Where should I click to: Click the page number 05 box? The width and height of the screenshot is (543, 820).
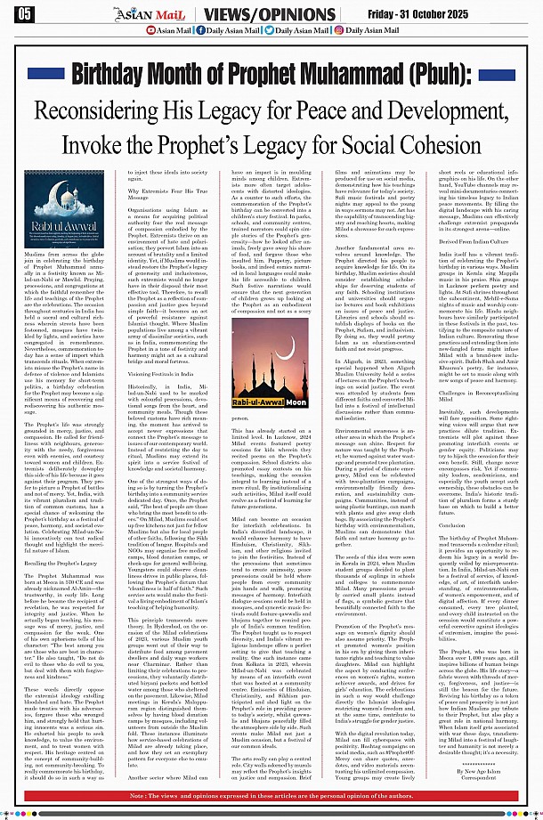pos(25,12)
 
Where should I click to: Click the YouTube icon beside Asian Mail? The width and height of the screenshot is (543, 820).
pos(149,30)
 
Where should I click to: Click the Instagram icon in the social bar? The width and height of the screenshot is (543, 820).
pos(338,30)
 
